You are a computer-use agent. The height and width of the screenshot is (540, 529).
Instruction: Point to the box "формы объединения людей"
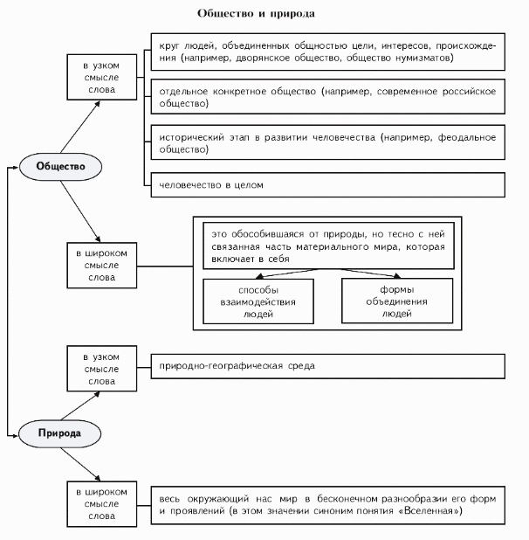click(396, 301)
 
